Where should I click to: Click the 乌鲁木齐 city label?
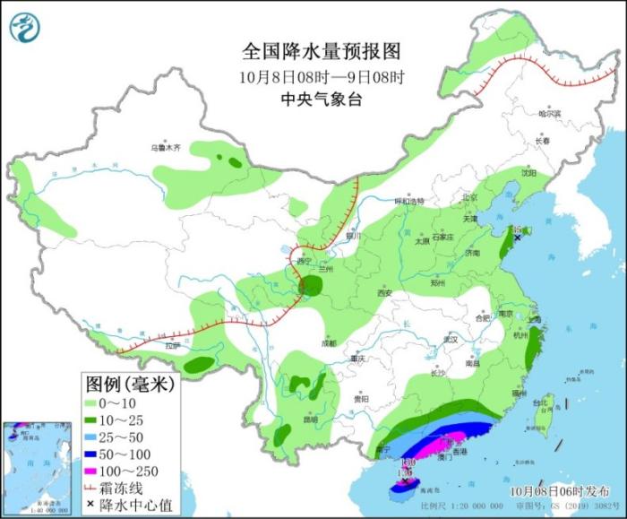[165, 147]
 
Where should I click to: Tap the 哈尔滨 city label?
[549, 114]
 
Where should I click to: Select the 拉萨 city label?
[173, 345]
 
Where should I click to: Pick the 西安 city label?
[385, 292]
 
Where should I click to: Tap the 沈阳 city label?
[529, 172]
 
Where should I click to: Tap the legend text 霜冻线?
[125, 489]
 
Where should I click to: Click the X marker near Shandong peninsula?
[517, 238]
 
